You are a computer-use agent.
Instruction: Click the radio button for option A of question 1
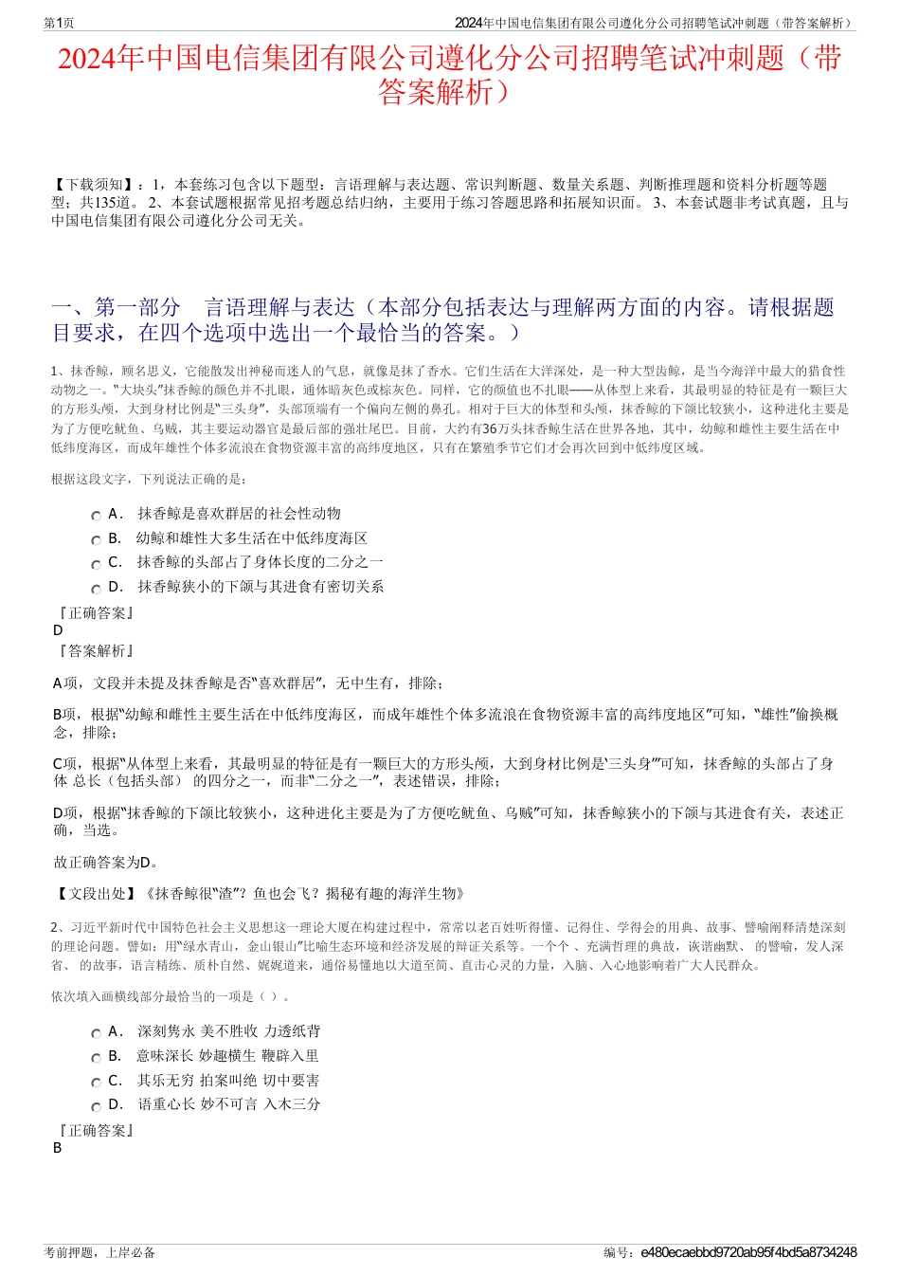pos(96,516)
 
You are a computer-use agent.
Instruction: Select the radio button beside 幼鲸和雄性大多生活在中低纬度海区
pos(96,540)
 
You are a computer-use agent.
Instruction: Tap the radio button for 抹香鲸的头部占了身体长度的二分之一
pos(96,564)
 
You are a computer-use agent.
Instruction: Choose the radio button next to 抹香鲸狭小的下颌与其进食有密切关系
pos(96,589)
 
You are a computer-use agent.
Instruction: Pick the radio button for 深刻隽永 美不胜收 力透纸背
pos(96,1033)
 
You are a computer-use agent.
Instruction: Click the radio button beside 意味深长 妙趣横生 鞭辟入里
pos(96,1058)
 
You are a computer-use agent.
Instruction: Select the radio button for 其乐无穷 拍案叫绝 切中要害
pos(96,1083)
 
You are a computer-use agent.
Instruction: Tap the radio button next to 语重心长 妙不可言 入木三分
pos(96,1106)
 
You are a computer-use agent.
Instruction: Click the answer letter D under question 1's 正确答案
pos(58,630)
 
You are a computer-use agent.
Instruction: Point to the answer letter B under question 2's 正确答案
pos(58,1148)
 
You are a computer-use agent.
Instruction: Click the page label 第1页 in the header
pos(60,23)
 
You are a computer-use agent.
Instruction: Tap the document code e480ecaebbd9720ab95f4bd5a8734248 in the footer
pos(748,1252)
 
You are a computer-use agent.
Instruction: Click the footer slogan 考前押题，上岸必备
pos(99,1252)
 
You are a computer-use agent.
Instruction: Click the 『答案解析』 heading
pos(95,651)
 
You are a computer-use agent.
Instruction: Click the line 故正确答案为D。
pos(106,863)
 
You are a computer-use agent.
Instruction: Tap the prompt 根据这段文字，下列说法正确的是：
pos(150,480)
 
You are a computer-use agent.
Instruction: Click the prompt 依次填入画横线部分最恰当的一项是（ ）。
pos(171,996)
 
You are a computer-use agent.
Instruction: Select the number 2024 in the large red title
pos(87,59)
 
